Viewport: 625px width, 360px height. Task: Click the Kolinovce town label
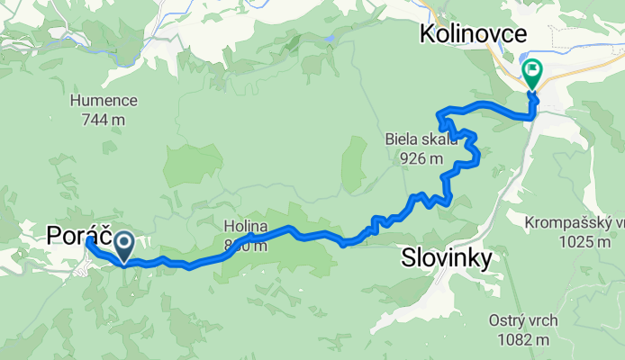[x=472, y=34]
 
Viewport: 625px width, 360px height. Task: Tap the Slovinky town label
[x=446, y=259]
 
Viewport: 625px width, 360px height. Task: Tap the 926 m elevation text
[x=421, y=158]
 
